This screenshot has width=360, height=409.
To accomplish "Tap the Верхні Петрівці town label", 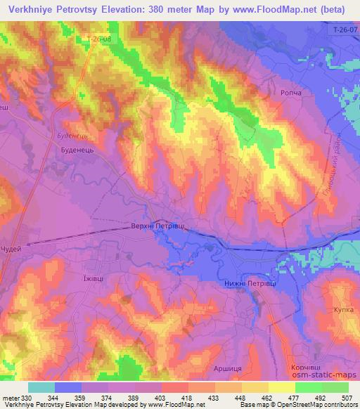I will click(x=159, y=226).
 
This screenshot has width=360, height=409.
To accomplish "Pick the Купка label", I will click(x=344, y=309).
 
